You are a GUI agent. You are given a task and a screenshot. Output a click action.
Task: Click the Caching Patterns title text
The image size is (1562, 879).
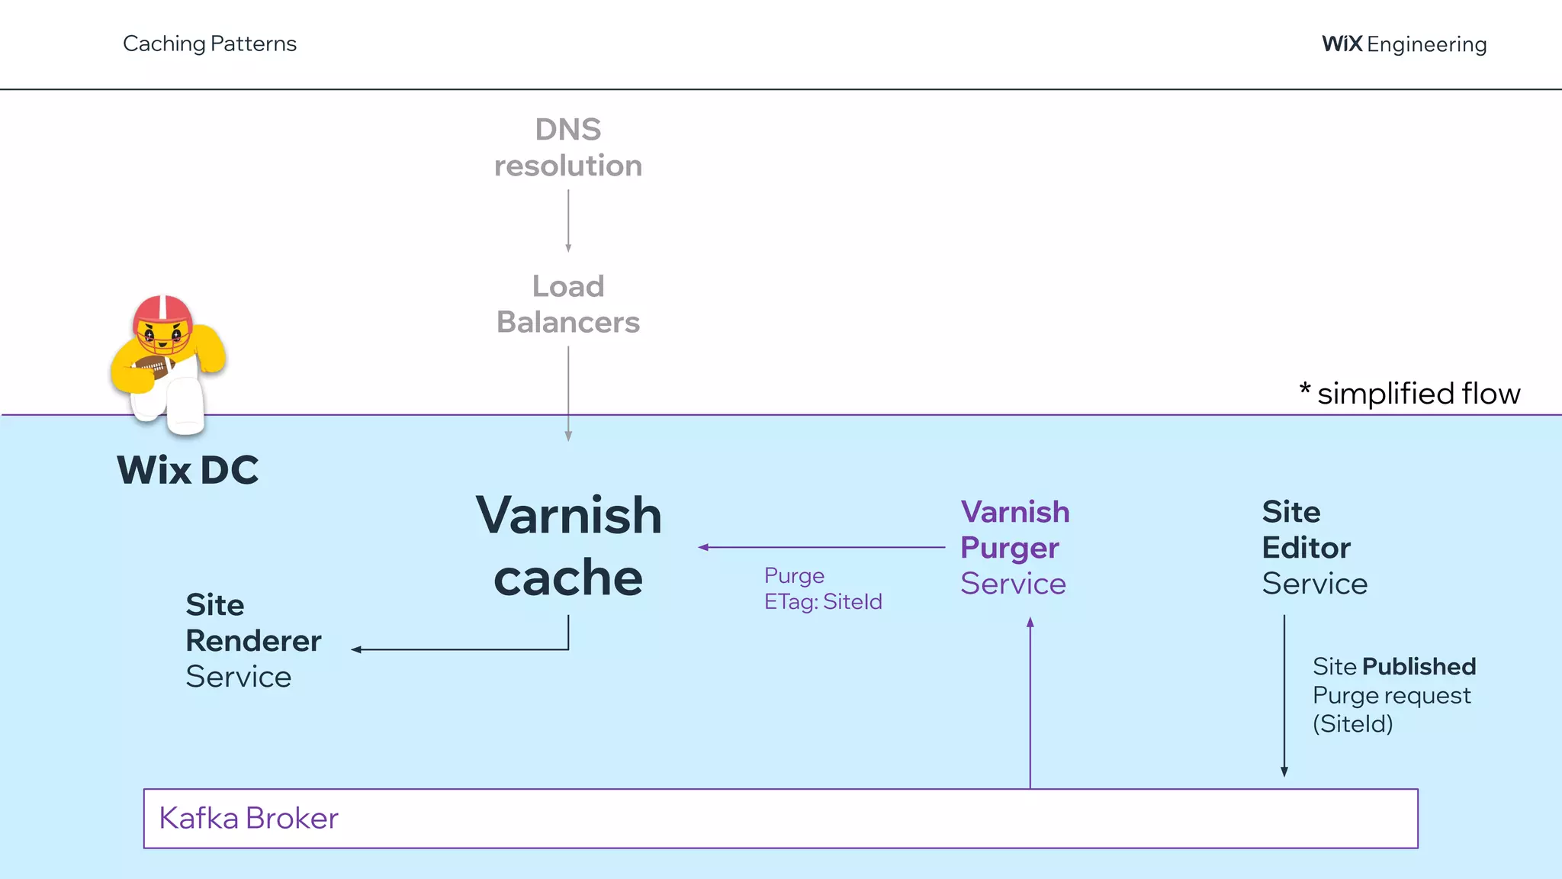click(x=210, y=43)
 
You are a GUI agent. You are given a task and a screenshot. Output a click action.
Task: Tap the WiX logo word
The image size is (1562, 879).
click(x=1342, y=43)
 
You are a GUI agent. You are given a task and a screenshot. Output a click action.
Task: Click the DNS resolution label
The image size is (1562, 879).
click(x=568, y=147)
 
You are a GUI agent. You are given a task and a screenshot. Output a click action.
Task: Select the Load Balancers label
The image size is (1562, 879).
click(x=568, y=304)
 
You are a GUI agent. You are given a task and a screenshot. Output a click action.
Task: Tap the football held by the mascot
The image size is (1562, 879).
click(x=153, y=368)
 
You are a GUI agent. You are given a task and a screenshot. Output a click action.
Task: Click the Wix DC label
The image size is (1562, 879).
click(x=188, y=470)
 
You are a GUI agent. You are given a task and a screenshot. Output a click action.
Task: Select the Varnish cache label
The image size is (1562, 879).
click(x=568, y=546)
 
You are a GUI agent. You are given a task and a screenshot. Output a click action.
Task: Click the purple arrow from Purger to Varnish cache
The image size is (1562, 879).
click(x=821, y=547)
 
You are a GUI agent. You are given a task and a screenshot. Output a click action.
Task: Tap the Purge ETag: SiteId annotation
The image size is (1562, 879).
click(x=822, y=588)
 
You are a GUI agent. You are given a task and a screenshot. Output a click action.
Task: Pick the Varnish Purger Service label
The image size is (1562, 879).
click(x=1014, y=547)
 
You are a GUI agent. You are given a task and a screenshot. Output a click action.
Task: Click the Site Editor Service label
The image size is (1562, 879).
click(x=1314, y=547)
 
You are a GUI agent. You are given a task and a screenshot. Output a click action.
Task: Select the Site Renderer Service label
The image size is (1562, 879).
click(x=253, y=640)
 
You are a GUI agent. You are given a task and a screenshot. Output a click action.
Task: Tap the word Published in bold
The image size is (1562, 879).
click(x=1419, y=666)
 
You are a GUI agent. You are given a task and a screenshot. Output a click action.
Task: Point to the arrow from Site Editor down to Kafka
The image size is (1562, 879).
click(x=1284, y=694)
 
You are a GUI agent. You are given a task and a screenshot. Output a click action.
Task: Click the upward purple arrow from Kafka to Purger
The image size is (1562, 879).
click(x=1030, y=702)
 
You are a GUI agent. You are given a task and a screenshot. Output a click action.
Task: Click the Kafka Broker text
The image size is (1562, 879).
click(x=249, y=818)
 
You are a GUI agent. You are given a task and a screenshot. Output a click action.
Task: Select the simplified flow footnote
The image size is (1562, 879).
click(x=1410, y=394)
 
